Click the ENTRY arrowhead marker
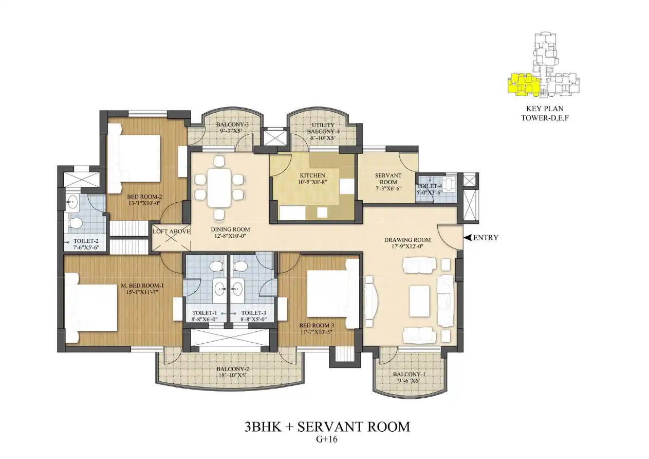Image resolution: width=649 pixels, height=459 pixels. (x=467, y=238)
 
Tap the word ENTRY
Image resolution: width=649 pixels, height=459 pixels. (x=486, y=238)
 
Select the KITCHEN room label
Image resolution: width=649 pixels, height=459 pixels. (x=312, y=175)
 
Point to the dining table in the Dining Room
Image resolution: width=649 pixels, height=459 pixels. (x=219, y=188)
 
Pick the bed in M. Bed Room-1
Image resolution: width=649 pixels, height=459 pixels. (x=90, y=308)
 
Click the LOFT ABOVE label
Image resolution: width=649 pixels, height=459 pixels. (x=171, y=232)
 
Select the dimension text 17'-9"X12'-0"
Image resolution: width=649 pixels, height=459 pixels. (x=407, y=246)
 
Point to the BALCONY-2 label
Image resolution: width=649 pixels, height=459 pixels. (x=233, y=369)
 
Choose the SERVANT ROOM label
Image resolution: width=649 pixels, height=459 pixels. (x=388, y=179)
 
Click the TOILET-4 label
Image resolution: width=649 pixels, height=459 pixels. (x=430, y=186)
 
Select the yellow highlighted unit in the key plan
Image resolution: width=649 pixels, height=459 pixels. (x=523, y=84)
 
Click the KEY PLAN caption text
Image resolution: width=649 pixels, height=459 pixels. (x=545, y=109)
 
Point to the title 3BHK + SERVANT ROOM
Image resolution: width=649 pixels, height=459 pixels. (x=327, y=427)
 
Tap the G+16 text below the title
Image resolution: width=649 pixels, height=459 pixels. (x=327, y=439)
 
